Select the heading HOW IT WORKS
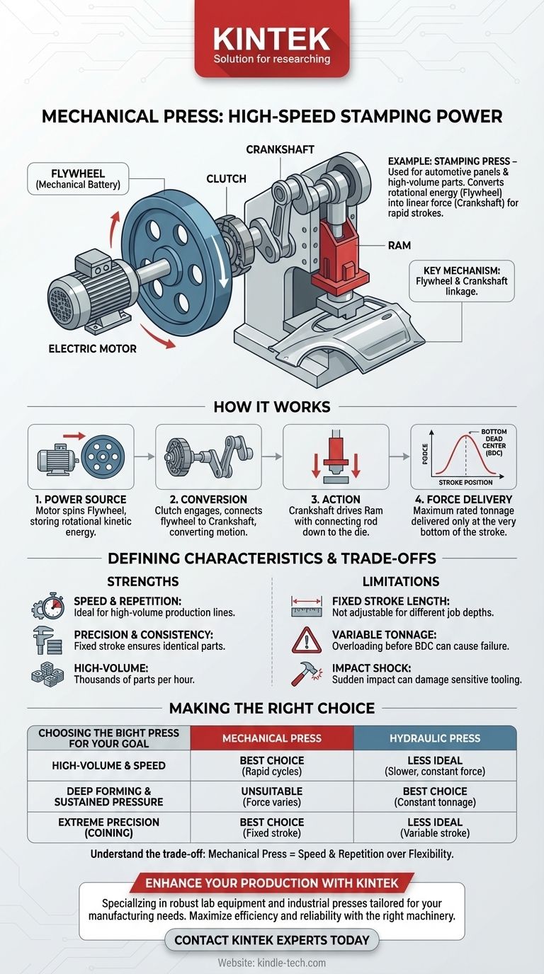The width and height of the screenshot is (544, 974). click(x=272, y=407)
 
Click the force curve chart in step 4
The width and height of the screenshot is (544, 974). click(x=463, y=457)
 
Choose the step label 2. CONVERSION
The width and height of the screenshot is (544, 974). click(x=208, y=499)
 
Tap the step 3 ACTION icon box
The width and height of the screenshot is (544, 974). click(x=336, y=457)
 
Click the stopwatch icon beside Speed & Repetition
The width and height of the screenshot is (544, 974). click(x=47, y=607)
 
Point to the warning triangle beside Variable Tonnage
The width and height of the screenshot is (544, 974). click(x=306, y=641)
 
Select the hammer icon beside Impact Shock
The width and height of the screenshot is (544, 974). click(x=305, y=674)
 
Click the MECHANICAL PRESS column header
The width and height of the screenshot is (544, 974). click(x=272, y=738)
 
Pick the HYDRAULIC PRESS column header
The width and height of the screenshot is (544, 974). click(x=435, y=738)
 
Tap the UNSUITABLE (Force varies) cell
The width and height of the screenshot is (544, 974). click(x=272, y=796)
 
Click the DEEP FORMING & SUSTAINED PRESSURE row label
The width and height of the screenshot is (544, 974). click(x=108, y=796)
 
